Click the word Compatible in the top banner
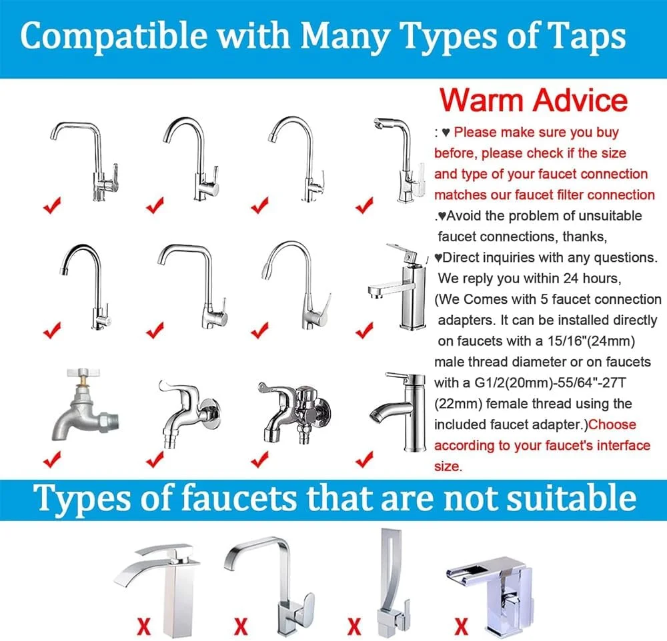click(x=113, y=36)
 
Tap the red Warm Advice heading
click(x=534, y=101)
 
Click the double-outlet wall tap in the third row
click(x=294, y=412)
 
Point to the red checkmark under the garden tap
click(x=52, y=459)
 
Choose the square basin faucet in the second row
click(x=398, y=286)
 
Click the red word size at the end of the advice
click(x=448, y=466)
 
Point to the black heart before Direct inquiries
click(x=438, y=258)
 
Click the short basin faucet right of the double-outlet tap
click(x=398, y=411)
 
